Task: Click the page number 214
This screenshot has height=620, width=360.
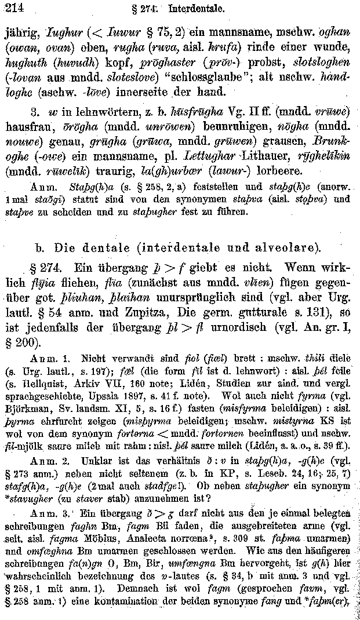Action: [x=12, y=8]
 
